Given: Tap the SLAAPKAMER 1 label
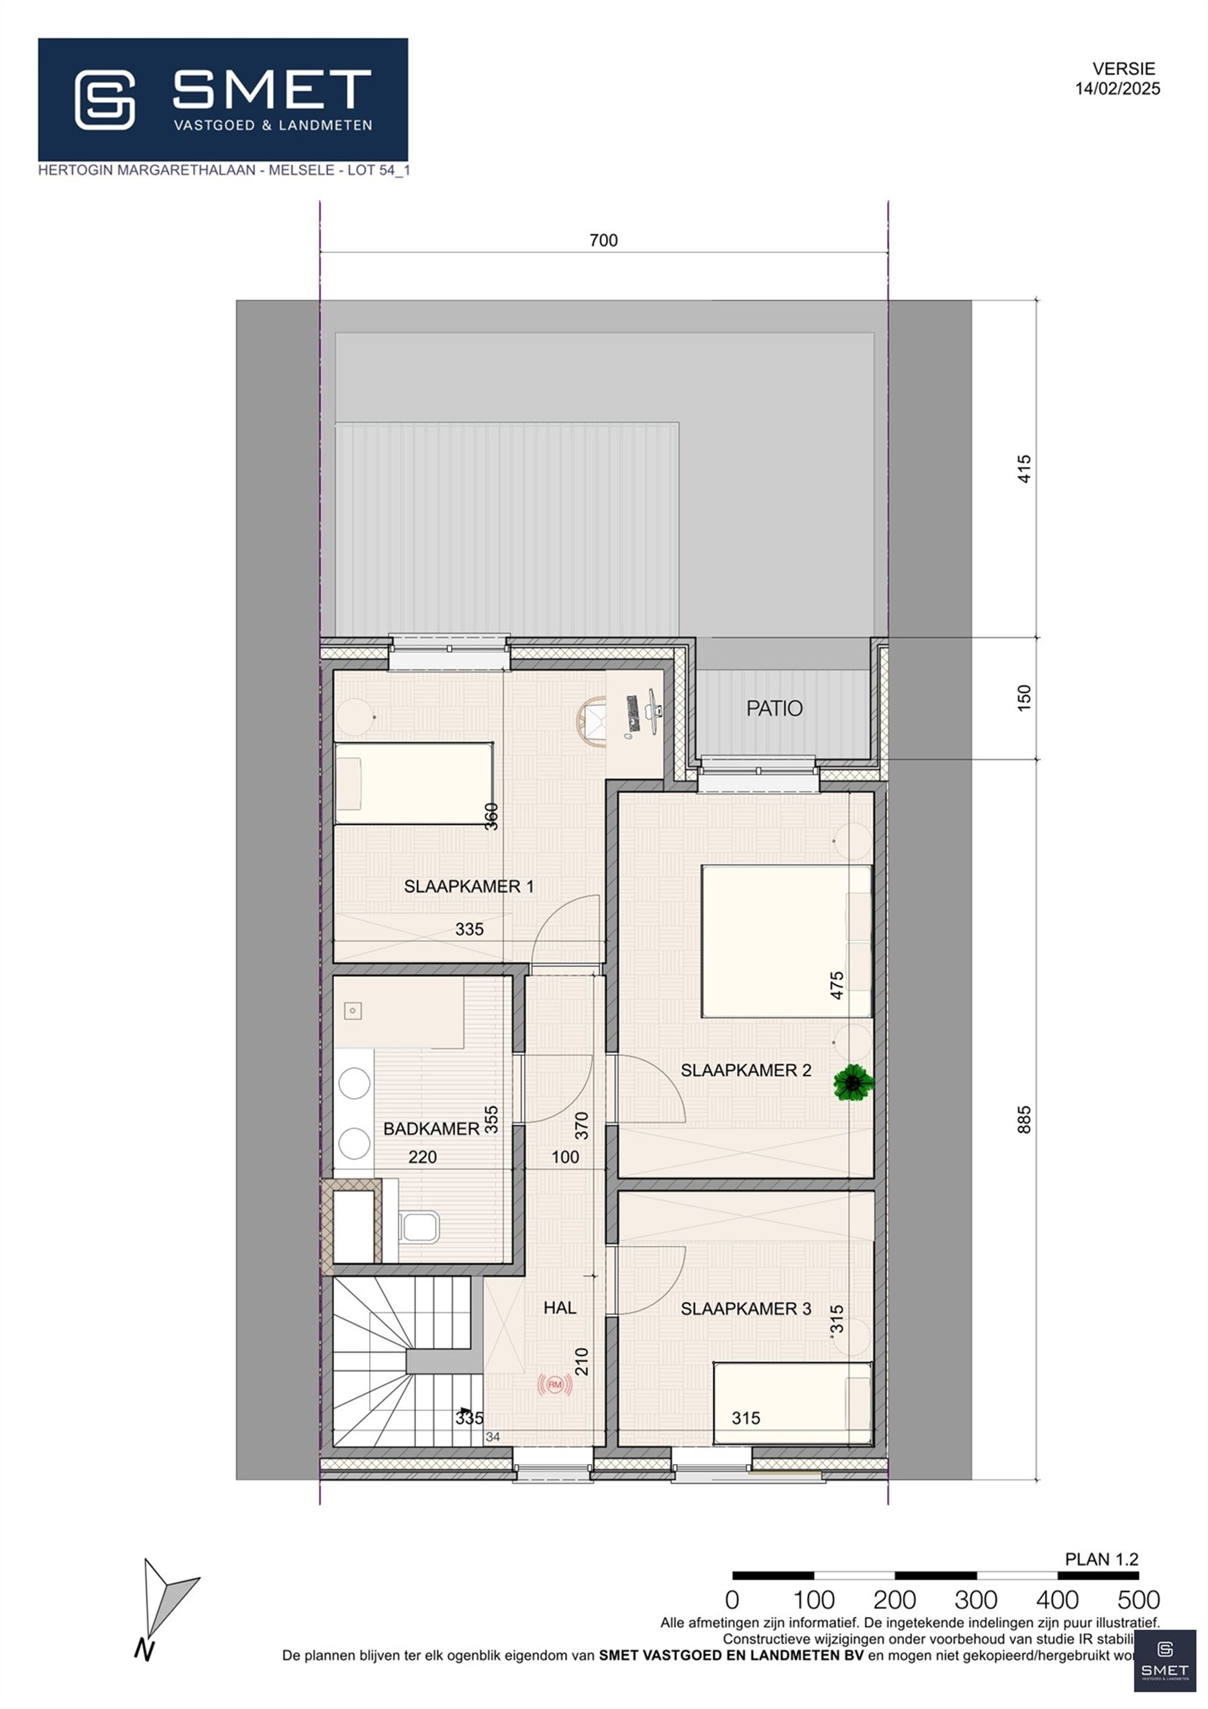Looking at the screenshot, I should pyautogui.click(x=468, y=887).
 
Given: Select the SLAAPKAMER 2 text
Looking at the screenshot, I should pyautogui.click(x=745, y=1071).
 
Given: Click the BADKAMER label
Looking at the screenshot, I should pyautogui.click(x=431, y=1128).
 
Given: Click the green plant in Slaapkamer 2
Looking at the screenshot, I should pyautogui.click(x=854, y=1083).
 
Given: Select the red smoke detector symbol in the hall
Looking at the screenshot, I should pyautogui.click(x=554, y=1385).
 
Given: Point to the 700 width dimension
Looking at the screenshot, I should pyautogui.click(x=603, y=240).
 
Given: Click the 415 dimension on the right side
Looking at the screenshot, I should pyautogui.click(x=1024, y=469).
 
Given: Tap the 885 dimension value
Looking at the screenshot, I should pyautogui.click(x=1024, y=1120).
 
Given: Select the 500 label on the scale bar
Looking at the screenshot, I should pyautogui.click(x=1138, y=1600).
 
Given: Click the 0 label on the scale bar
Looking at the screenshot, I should pyautogui.click(x=732, y=1600).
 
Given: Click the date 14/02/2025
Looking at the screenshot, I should pyautogui.click(x=1117, y=89).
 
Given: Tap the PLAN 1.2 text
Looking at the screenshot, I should pyautogui.click(x=1101, y=1559).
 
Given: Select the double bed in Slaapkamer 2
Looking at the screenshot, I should pyautogui.click(x=786, y=941).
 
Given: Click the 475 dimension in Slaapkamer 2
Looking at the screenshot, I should pyautogui.click(x=837, y=985).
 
